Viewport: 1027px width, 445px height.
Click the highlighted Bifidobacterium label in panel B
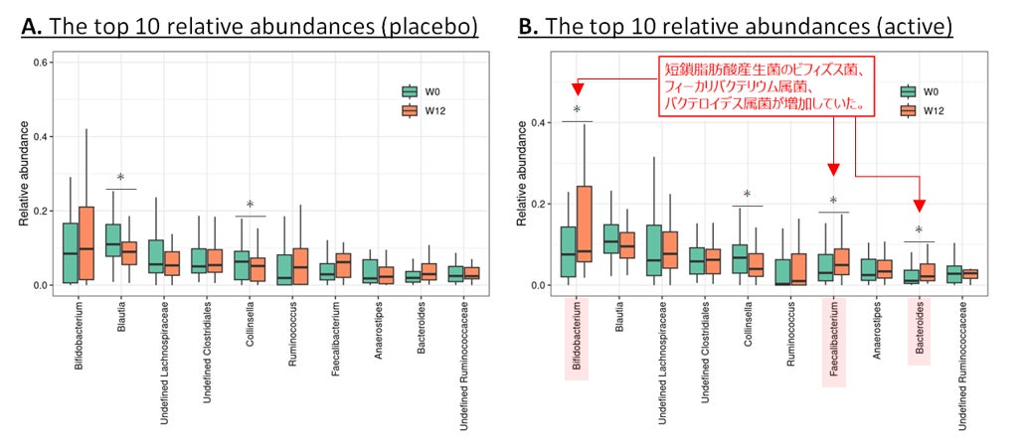(x=576, y=338)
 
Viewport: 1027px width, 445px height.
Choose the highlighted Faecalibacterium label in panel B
(x=833, y=342)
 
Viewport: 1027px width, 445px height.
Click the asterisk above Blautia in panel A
(x=120, y=179)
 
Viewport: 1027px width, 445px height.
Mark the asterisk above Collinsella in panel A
(x=250, y=206)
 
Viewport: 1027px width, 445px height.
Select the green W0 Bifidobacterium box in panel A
(x=70, y=252)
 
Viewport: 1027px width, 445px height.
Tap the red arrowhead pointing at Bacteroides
(x=919, y=206)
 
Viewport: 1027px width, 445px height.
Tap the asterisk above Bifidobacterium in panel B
(x=576, y=110)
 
